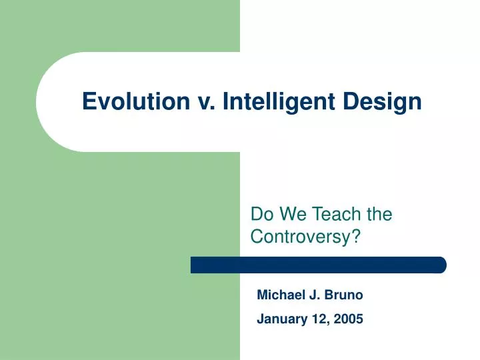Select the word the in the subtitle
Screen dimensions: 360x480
378,214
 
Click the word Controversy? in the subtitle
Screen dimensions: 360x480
301,236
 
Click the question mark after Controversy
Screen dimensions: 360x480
347,236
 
